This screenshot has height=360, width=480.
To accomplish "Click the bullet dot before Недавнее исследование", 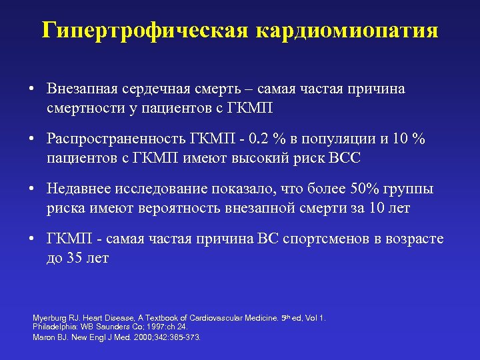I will (x=32, y=190).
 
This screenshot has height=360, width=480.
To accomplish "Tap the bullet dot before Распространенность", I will (x=32, y=139).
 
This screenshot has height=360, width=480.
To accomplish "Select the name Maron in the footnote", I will (x=42, y=337).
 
